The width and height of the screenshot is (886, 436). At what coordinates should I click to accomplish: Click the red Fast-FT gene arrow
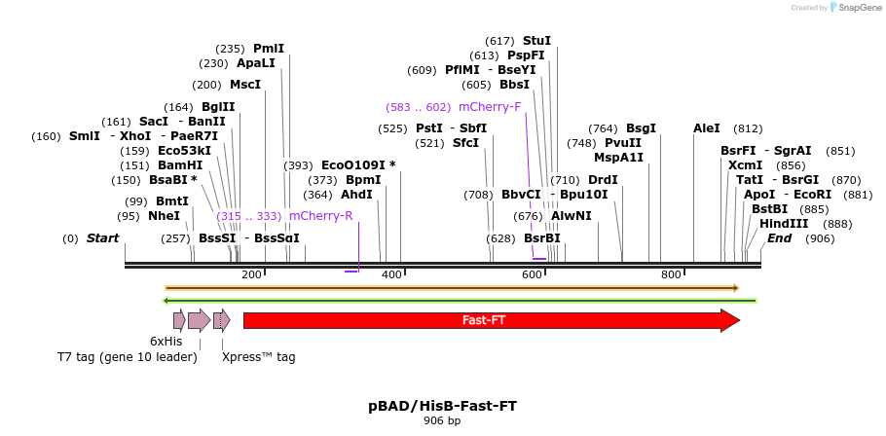click(483, 320)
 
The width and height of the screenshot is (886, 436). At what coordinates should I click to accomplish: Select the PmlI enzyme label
click(269, 49)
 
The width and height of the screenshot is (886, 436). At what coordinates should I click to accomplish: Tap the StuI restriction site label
click(536, 41)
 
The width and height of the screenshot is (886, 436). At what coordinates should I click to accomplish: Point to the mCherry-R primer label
click(320, 216)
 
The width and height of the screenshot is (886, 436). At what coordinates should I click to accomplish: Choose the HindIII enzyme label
click(784, 224)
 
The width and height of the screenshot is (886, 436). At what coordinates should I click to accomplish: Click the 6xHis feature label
click(166, 342)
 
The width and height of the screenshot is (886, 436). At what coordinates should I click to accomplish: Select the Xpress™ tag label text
click(258, 357)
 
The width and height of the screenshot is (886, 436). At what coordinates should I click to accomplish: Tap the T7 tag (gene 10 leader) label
click(128, 357)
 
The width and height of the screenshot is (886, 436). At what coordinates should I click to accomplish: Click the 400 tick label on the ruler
click(391, 275)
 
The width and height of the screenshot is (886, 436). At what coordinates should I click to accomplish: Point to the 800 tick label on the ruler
click(671, 275)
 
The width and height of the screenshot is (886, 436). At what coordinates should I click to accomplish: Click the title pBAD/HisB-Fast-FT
click(442, 406)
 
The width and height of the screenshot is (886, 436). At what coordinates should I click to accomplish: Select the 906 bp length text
click(442, 421)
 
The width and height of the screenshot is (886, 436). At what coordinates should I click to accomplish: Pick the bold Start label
click(102, 238)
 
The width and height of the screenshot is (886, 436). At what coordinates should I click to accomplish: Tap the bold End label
click(779, 238)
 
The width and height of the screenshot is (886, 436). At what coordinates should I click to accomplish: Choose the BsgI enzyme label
click(641, 128)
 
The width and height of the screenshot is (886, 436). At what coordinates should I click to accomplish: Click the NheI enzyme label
click(164, 216)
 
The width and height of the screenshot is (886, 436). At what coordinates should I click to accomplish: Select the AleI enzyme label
click(706, 128)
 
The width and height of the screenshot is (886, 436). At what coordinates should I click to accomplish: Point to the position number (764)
click(603, 128)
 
